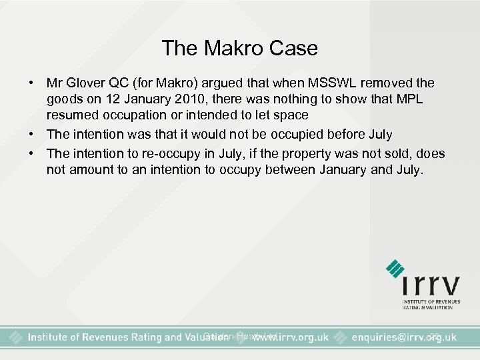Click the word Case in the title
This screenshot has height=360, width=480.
[295, 48]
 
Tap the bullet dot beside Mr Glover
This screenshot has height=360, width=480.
[31, 83]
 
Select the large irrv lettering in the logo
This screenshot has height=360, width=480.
[430, 286]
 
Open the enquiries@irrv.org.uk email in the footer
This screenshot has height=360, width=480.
[404, 337]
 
